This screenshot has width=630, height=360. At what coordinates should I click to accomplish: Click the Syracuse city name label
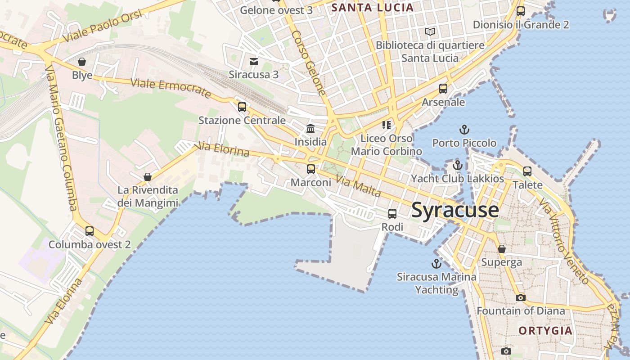pyautogui.click(x=455, y=210)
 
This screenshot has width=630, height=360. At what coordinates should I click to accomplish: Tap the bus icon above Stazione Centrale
pyautogui.click(x=242, y=107)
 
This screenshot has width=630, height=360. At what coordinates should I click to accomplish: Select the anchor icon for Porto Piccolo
pyautogui.click(x=464, y=130)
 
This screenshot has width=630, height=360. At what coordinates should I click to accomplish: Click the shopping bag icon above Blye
pyautogui.click(x=82, y=61)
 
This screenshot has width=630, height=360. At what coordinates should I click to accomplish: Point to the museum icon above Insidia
pyautogui.click(x=310, y=129)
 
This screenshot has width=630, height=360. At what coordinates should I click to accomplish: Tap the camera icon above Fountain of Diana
pyautogui.click(x=520, y=297)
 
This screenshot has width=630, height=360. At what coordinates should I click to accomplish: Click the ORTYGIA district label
pyautogui.click(x=545, y=331)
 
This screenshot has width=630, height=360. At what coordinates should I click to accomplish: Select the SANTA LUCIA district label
pyautogui.click(x=372, y=7)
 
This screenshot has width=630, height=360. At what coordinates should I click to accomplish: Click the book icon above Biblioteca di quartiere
pyautogui.click(x=430, y=32)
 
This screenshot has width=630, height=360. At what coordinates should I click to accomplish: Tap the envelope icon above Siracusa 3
pyautogui.click(x=254, y=61)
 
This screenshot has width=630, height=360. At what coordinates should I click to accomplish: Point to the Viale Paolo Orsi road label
pyautogui.click(x=103, y=26)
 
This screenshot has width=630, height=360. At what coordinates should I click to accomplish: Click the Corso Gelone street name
pyautogui.click(x=309, y=63)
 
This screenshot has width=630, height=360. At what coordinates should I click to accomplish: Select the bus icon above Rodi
pyautogui.click(x=392, y=214)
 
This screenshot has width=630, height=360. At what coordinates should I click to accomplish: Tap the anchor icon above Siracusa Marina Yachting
pyautogui.click(x=436, y=263)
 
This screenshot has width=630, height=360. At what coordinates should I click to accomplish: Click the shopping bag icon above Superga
pyautogui.click(x=502, y=249)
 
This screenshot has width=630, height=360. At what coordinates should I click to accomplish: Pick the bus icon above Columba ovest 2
pyautogui.click(x=90, y=231)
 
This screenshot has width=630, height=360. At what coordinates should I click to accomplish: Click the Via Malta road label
pyautogui.click(x=358, y=186)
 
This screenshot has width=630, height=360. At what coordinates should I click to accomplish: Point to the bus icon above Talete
pyautogui.click(x=527, y=171)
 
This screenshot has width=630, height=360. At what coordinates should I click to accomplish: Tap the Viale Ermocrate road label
pyautogui.click(x=171, y=88)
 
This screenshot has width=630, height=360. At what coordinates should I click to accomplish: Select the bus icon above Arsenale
pyautogui.click(x=443, y=89)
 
